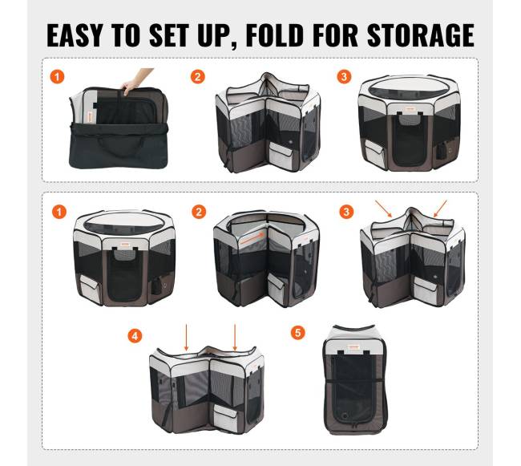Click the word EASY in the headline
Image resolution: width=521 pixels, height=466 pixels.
tap(75, 35)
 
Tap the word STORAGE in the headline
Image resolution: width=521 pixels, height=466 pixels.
tap(421, 35)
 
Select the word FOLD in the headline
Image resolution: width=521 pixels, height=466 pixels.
tap(274, 35)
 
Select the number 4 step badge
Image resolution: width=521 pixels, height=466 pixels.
tap(135, 336)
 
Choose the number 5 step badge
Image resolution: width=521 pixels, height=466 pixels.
tap(297, 332)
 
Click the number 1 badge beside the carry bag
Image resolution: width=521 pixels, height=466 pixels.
tap(57, 77)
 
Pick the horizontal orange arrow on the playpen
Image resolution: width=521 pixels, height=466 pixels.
tap(252, 238)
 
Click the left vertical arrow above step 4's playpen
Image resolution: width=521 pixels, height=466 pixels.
tap(187, 338)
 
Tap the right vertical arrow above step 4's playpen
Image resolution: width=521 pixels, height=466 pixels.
tap(235, 338)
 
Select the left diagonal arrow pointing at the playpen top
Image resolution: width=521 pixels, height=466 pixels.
tap(384, 209)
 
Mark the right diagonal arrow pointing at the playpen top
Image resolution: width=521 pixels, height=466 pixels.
tap(440, 209)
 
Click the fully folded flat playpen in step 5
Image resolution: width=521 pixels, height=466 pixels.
tap(356, 380)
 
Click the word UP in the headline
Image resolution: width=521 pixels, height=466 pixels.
tap(212, 35)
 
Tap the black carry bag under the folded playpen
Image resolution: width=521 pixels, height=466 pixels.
tap(119, 145)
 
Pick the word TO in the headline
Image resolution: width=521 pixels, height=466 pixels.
tap(126, 35)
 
